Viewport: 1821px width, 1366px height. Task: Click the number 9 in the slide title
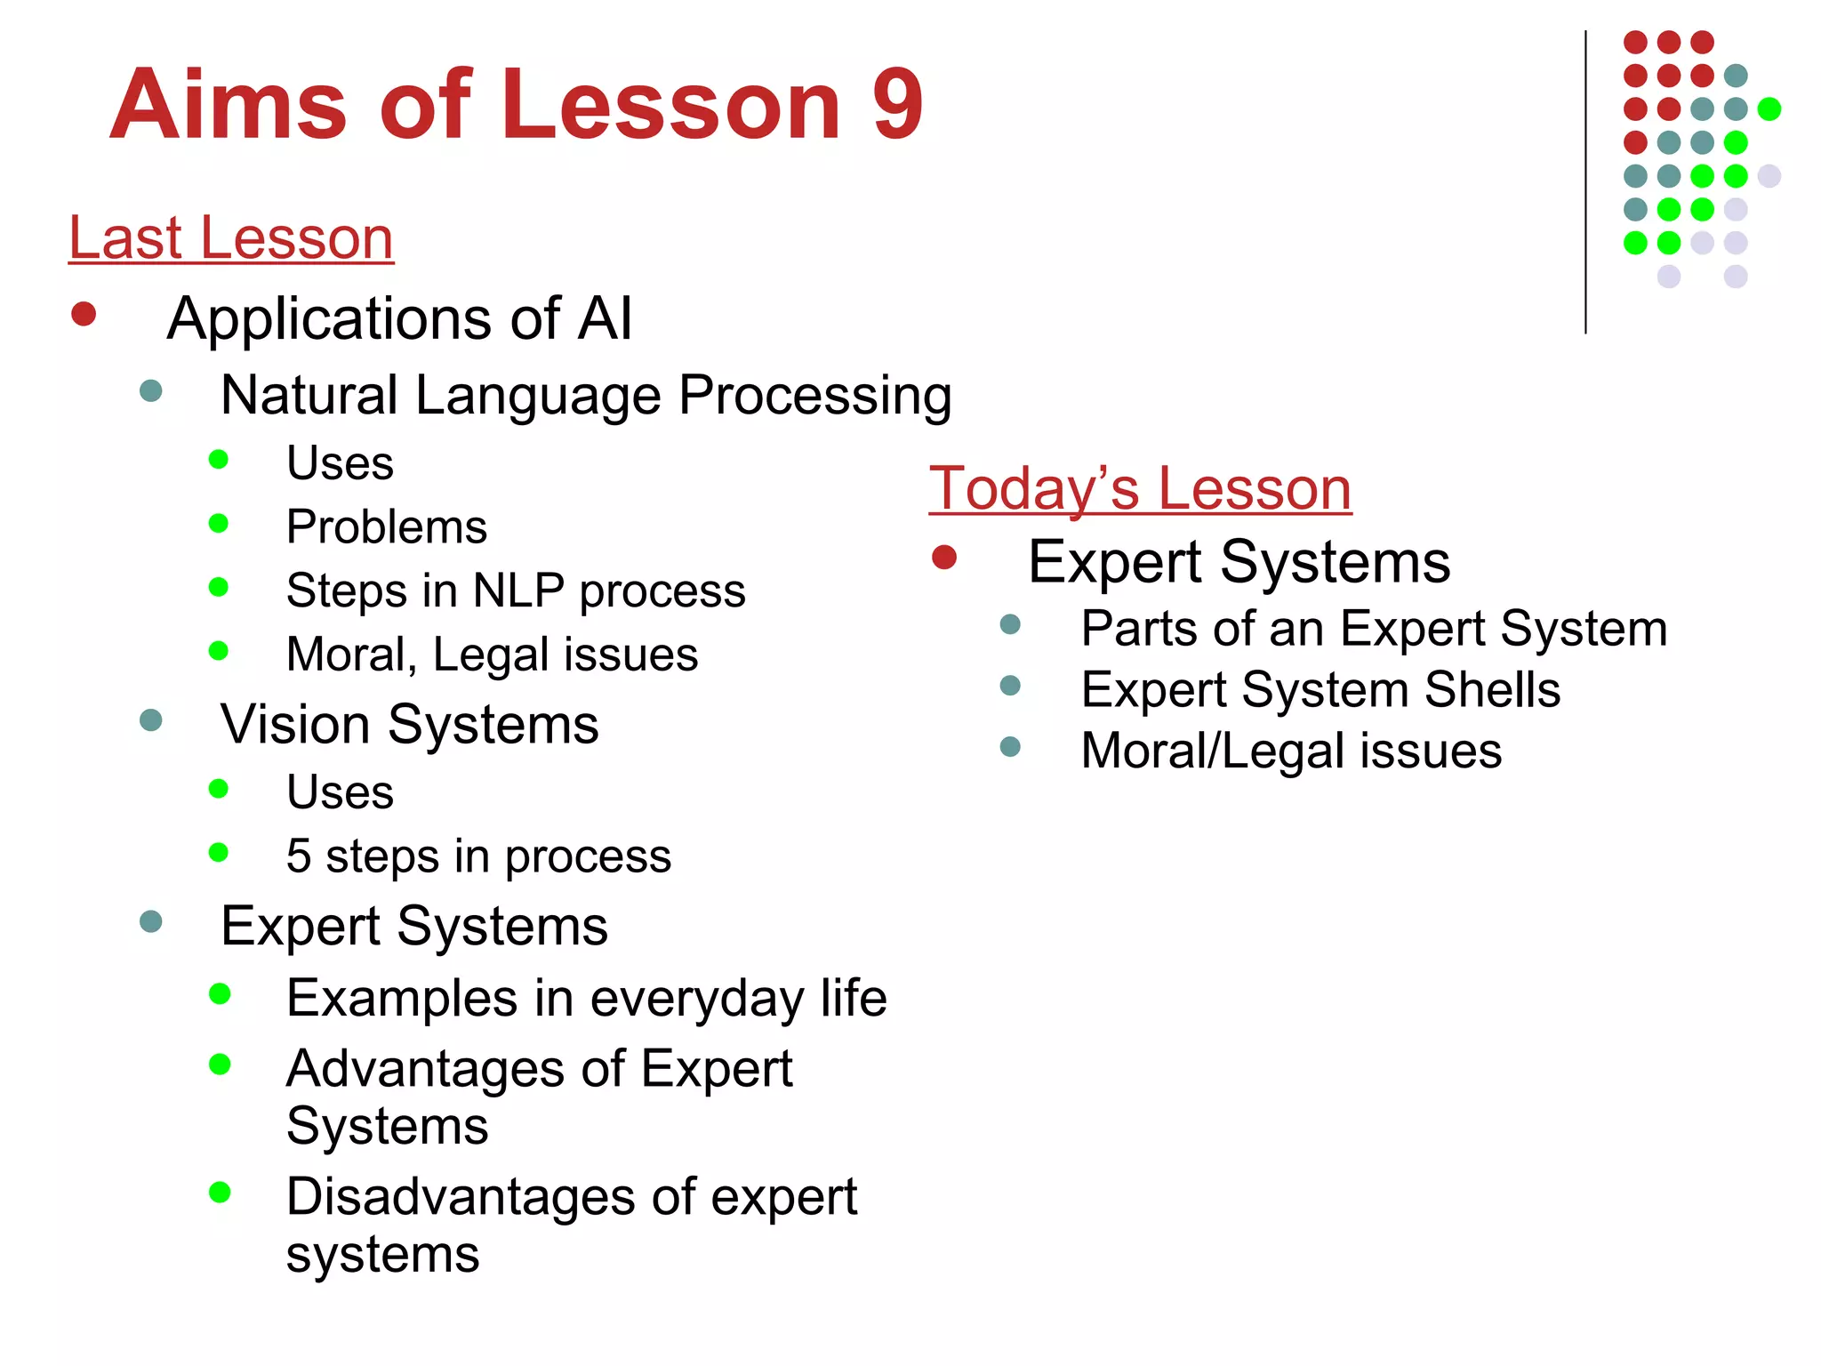pos(898,105)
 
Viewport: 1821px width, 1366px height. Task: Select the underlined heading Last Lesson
pos(231,238)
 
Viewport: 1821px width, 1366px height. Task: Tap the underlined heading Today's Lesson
pos(1140,489)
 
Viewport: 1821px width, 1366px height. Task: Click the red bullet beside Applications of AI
pos(84,314)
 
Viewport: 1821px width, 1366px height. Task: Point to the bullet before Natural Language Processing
pos(151,390)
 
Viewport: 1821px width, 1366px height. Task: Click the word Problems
pos(387,527)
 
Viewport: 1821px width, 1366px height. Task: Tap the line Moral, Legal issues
pos(492,655)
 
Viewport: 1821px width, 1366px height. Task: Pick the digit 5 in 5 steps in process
pos(299,856)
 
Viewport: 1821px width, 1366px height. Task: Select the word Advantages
pos(425,1068)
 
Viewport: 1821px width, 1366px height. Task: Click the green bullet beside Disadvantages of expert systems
pos(220,1193)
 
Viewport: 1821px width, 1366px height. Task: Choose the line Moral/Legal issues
pos(1291,751)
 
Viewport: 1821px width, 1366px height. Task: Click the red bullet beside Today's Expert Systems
pos(944,558)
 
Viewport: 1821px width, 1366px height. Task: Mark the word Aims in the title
pos(228,105)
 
